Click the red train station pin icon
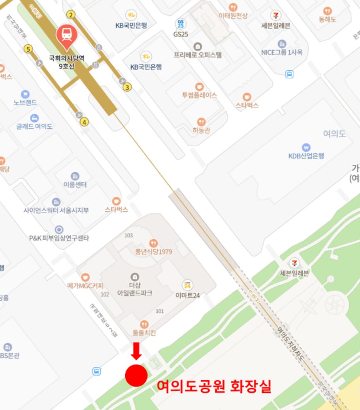(67, 35)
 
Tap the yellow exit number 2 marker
(71, 15)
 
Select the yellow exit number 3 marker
(127, 87)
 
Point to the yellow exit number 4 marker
(84, 122)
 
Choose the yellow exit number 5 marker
(28, 49)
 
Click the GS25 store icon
(181, 24)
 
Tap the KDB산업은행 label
(306, 156)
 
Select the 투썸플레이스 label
(199, 95)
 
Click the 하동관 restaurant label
(201, 130)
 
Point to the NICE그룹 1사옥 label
(281, 52)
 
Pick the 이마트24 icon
(187, 285)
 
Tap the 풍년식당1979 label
(153, 252)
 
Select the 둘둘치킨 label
(144, 333)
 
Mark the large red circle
(136, 375)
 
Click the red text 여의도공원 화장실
(214, 386)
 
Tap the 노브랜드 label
(25, 102)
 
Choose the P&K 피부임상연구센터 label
(59, 238)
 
